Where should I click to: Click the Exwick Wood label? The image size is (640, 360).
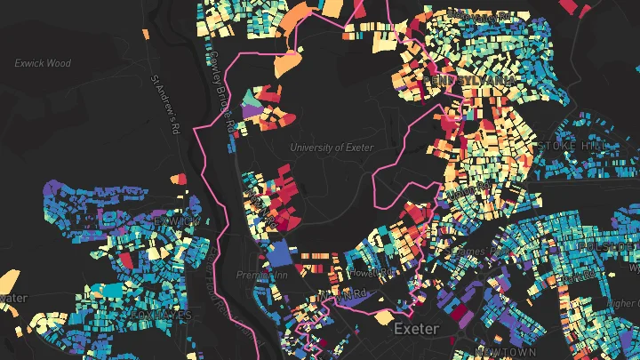[42, 63]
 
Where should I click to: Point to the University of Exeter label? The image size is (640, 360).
[332, 148]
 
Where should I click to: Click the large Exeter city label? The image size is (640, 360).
[416, 329]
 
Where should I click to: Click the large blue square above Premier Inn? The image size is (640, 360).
[281, 254]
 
